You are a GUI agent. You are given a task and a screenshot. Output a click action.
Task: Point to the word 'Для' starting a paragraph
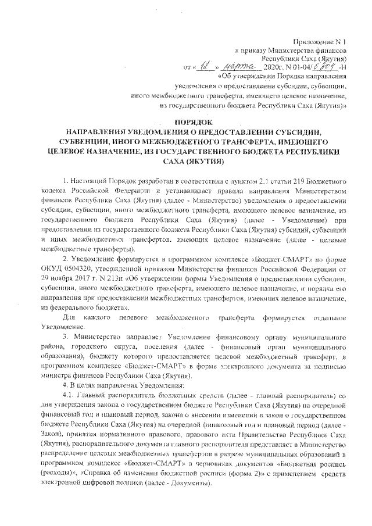click(69, 319)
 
